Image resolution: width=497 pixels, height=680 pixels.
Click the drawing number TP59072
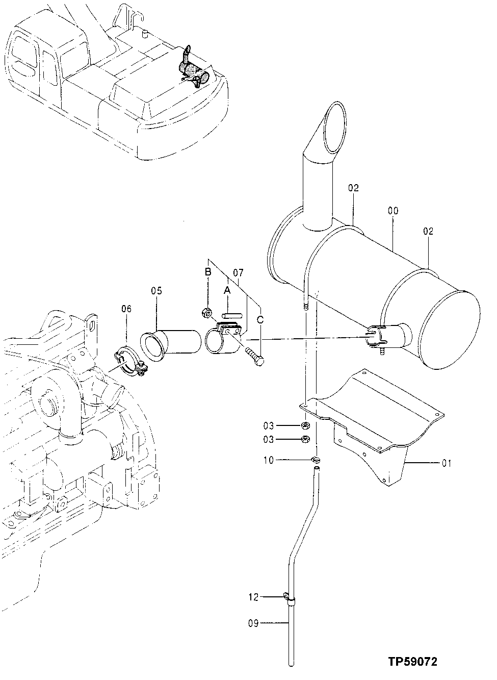click(x=411, y=662)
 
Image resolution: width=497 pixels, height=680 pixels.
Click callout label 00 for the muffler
click(x=393, y=211)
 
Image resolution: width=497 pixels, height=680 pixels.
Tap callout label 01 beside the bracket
click(x=447, y=464)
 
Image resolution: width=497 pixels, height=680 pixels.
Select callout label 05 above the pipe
click(x=156, y=291)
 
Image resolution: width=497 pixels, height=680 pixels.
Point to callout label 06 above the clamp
click(x=126, y=309)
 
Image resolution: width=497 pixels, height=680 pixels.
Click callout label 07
click(x=238, y=272)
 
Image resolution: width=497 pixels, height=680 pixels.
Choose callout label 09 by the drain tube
click(x=254, y=623)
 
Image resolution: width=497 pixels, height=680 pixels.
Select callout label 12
click(x=254, y=596)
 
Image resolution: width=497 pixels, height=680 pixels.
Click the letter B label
click(x=208, y=272)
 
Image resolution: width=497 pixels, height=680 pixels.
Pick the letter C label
click(x=260, y=320)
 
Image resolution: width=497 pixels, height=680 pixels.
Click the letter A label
click(x=227, y=290)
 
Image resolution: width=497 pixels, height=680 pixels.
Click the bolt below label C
click(x=255, y=355)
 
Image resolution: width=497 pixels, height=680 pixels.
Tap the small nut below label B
click(x=207, y=312)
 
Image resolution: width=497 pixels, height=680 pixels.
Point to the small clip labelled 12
click(x=287, y=597)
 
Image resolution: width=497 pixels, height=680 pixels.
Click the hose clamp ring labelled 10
click(x=316, y=461)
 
